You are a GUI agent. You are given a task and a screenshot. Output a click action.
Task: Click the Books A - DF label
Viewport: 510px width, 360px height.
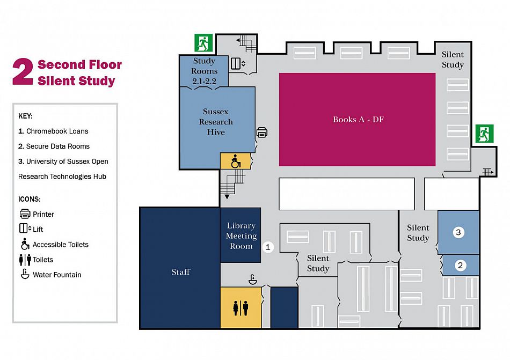tap(358, 120)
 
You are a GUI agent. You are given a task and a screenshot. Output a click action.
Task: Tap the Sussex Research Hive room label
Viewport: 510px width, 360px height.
tap(216, 121)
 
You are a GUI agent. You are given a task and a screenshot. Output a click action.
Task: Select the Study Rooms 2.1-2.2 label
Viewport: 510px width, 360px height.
tap(204, 71)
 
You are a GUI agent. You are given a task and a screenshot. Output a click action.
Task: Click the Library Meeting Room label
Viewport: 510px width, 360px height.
tap(242, 236)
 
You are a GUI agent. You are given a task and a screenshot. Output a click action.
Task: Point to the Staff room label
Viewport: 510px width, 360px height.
tap(180, 271)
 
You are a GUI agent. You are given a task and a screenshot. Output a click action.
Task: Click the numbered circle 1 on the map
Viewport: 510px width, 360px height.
tap(268, 247)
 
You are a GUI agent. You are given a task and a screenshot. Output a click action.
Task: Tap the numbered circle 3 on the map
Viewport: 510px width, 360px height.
tap(458, 232)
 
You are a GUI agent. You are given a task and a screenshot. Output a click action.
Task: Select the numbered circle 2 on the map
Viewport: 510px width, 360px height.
tap(460, 266)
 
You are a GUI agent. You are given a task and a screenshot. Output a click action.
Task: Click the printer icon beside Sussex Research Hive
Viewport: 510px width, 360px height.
tap(262, 132)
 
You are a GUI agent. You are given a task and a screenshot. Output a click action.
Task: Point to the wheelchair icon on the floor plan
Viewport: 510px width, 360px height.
tap(236, 161)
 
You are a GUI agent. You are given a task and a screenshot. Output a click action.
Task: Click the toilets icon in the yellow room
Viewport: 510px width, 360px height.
tap(241, 307)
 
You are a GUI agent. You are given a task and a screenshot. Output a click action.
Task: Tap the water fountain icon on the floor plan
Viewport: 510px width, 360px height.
tap(253, 279)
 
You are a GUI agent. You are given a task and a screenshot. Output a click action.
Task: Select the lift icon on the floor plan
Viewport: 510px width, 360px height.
tap(238, 63)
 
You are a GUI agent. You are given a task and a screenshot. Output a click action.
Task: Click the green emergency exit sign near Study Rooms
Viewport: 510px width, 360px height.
tap(203, 42)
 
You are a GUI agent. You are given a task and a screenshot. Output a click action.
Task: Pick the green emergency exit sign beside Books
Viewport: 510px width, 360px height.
tap(484, 134)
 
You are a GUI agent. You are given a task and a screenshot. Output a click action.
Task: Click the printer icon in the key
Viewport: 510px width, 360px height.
tap(25, 214)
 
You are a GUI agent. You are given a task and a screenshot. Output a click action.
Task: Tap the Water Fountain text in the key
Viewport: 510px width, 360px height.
tap(57, 275)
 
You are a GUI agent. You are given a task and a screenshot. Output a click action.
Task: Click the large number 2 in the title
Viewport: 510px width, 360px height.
tap(23, 72)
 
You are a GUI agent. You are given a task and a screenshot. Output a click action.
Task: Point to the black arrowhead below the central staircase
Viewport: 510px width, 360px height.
tap(227, 196)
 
